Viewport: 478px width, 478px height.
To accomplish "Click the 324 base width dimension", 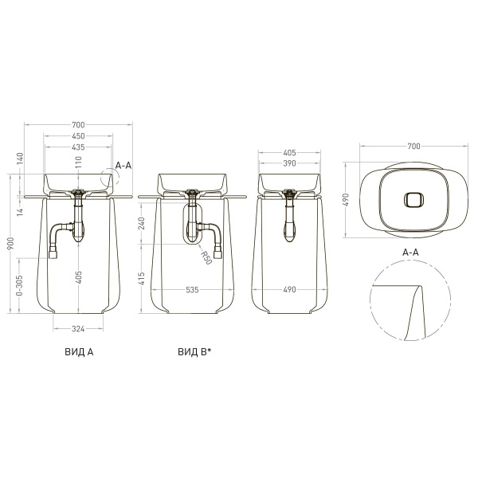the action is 78,329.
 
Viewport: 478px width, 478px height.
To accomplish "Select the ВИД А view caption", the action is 79,352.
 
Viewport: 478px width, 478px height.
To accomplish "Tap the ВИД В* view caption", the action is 194,352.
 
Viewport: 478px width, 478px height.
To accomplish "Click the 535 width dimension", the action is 192,290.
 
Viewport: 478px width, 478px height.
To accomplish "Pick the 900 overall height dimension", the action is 10,243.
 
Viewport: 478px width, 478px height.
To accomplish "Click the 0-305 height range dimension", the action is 19,285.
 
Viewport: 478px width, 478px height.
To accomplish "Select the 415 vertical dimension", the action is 142,278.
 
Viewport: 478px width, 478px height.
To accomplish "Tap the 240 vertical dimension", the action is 142,223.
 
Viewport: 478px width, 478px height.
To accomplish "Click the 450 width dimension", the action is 78,136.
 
